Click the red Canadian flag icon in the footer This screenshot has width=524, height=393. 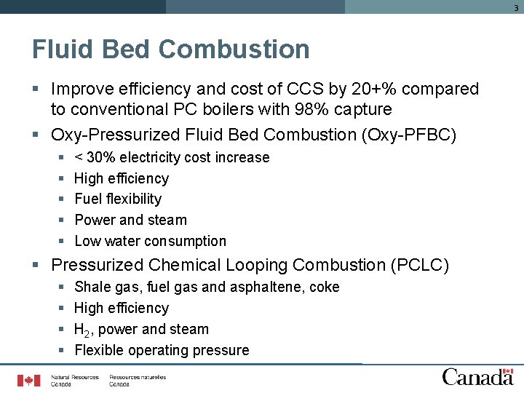coord(29,380)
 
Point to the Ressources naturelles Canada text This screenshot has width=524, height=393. coord(138,381)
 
